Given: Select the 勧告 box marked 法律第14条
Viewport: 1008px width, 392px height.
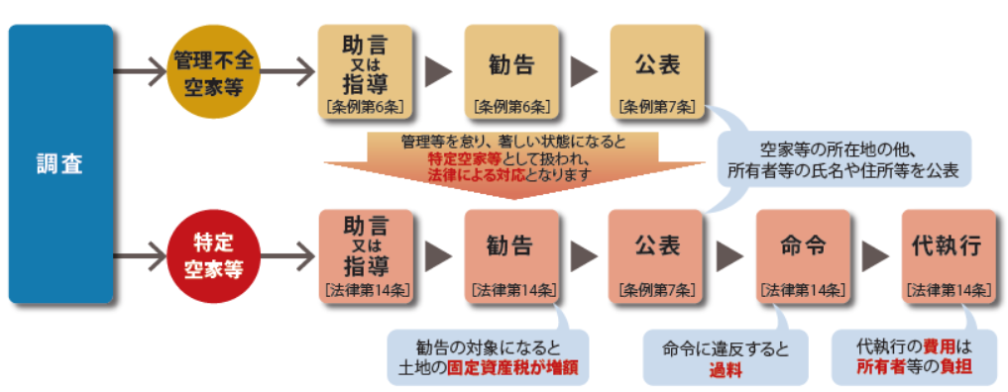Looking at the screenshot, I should [511, 255].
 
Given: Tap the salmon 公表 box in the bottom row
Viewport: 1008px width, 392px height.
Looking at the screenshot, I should [657, 255].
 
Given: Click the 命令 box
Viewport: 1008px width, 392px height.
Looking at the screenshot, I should [803, 255].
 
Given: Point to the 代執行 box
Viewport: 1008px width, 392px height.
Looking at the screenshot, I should [948, 255].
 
